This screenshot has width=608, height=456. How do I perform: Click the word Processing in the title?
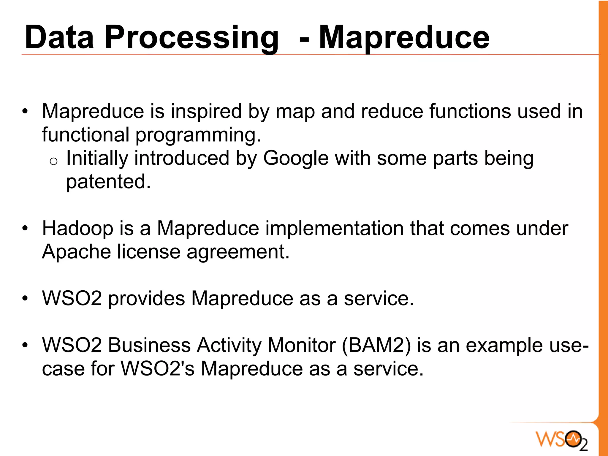(191, 38)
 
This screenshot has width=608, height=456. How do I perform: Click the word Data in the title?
(59, 38)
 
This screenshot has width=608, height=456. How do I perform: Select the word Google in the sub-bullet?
(296, 158)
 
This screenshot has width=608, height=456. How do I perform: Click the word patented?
(108, 182)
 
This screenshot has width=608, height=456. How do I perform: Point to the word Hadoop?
(77, 229)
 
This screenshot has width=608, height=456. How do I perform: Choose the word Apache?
(76, 252)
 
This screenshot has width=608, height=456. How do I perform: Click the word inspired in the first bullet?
(206, 112)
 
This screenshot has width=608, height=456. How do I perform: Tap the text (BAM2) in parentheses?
(376, 346)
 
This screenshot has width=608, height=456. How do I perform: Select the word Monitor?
(301, 346)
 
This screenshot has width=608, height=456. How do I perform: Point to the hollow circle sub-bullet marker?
(53, 161)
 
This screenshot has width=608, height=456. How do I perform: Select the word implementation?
(334, 229)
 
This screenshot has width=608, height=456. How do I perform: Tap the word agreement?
(238, 252)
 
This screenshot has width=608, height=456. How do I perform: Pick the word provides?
(146, 299)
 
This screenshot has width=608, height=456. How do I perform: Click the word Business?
(149, 346)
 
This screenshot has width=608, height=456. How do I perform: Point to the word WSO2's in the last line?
(158, 369)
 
